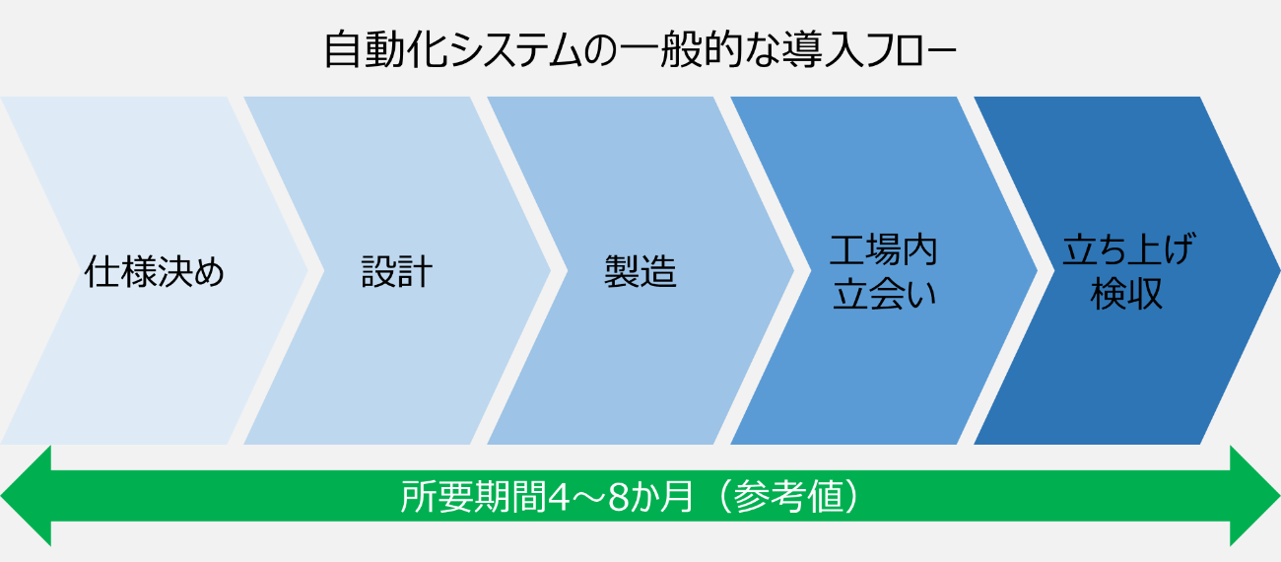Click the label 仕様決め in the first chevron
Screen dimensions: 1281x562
pos(155,271)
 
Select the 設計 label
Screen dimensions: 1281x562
pos(397,271)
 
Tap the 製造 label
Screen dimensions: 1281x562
pos(640,271)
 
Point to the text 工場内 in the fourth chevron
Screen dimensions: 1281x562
pos(884,250)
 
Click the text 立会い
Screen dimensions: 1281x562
pos(884,294)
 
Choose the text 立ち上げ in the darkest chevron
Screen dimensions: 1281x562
pos(1128,249)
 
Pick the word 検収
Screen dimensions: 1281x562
pos(1126,294)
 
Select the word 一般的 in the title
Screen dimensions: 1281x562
pos(681,50)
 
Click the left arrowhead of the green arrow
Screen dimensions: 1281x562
pos(26,496)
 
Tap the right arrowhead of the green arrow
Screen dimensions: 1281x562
pos(1255,496)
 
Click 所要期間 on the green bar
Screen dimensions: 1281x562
pos(474,496)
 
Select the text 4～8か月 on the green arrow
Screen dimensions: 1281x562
pos(621,496)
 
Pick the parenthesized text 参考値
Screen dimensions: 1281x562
pos(788,496)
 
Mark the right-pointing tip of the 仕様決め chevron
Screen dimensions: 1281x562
pos(307,271)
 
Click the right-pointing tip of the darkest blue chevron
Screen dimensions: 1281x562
pos(1280,271)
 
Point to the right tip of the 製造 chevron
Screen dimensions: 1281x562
pos(794,271)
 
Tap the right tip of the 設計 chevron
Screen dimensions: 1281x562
pos(550,271)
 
